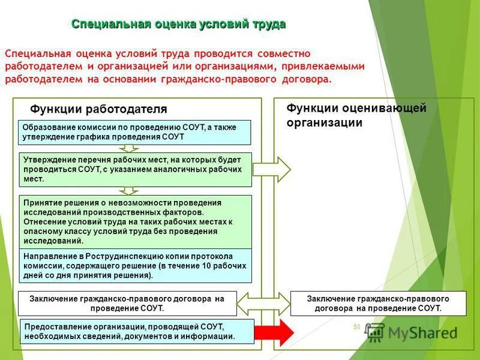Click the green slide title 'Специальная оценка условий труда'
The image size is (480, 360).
pos(179,24)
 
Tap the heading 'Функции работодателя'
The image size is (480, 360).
pos(98,109)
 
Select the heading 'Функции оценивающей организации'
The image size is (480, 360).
pos(356,115)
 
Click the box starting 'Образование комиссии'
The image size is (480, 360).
pos(136,132)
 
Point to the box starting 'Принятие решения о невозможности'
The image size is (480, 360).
pos(136,221)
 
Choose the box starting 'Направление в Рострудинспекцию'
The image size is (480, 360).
pos(136,265)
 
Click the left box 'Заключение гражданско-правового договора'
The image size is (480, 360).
pos(127,303)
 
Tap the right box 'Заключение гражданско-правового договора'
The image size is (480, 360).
pos(378,303)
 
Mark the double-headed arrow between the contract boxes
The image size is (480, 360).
pos(264,303)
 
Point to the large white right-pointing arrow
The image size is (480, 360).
pos(272,169)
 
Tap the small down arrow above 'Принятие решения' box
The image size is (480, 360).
pos(128,191)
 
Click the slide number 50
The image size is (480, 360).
pos(356,327)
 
